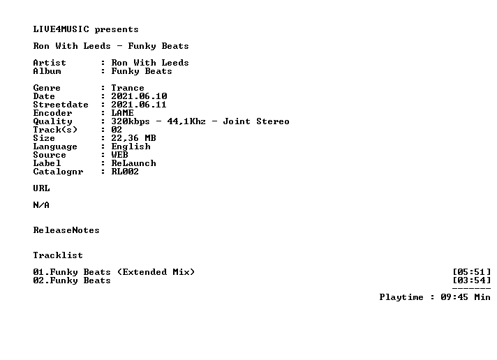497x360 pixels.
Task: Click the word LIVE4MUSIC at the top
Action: tap(61, 29)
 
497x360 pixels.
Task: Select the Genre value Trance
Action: tap(128, 88)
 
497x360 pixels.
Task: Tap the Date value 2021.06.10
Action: tap(139, 96)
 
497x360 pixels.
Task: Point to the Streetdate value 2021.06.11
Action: tap(139, 105)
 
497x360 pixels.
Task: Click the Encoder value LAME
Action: tap(122, 113)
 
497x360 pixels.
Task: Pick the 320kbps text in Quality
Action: tap(131, 121)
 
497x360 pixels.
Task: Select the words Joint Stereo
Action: tap(256, 121)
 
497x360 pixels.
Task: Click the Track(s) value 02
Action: tap(117, 130)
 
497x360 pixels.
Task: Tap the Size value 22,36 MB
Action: tap(133, 138)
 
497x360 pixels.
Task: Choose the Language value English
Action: tap(131, 147)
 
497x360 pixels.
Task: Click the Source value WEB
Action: tap(119, 155)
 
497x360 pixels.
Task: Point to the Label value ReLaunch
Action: tap(133, 163)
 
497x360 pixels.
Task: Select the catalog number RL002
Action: tap(125, 172)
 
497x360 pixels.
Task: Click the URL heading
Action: tap(41, 188)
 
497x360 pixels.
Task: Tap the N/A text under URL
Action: tap(41, 205)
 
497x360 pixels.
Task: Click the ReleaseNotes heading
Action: tap(66, 230)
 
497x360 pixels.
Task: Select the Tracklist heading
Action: tap(58, 255)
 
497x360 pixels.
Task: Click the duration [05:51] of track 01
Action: tap(472, 272)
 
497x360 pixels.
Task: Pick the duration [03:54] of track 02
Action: tap(472, 280)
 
